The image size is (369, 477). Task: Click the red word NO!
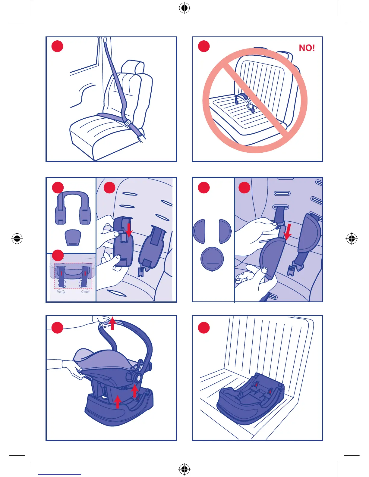(x=307, y=48)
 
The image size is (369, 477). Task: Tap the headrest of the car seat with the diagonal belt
(x=133, y=67)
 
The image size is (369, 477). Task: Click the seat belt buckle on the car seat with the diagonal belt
(x=128, y=123)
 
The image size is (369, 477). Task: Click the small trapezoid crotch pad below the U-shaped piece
(x=73, y=238)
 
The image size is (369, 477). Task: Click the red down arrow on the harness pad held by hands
(x=129, y=230)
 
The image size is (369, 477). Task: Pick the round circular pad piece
(x=212, y=259)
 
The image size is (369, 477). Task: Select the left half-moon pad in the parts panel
(x=199, y=231)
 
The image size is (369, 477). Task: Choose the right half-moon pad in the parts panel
(x=225, y=231)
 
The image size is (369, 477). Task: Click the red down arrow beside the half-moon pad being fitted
(x=288, y=232)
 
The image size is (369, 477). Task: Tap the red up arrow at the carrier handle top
(x=112, y=323)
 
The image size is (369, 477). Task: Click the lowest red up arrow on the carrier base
(x=118, y=402)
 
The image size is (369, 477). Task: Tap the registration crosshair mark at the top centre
(x=184, y=8)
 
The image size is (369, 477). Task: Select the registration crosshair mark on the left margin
(x=17, y=238)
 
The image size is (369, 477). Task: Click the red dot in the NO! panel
(x=204, y=46)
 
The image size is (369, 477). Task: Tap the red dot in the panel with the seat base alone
(x=204, y=328)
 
